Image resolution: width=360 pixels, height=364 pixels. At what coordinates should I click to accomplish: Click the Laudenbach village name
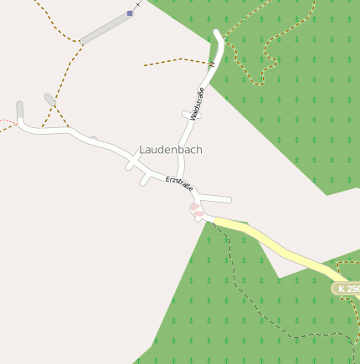point(171,150)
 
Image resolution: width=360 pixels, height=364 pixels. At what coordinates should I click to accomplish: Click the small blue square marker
point(130,13)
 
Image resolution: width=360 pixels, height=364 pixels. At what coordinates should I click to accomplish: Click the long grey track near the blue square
point(105,28)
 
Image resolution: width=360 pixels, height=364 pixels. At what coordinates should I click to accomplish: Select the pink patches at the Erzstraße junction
point(196,211)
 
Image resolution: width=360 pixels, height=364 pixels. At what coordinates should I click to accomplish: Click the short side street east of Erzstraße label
point(215,198)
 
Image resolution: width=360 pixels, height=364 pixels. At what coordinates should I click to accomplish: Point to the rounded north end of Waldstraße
point(219,35)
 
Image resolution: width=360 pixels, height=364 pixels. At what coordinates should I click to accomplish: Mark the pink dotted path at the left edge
point(7,124)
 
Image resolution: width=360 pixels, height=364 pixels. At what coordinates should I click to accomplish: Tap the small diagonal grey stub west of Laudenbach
point(50,100)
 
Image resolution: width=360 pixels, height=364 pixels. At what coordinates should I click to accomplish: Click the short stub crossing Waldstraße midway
point(192,115)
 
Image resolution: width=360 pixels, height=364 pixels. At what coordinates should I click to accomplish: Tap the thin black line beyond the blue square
point(140,5)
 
